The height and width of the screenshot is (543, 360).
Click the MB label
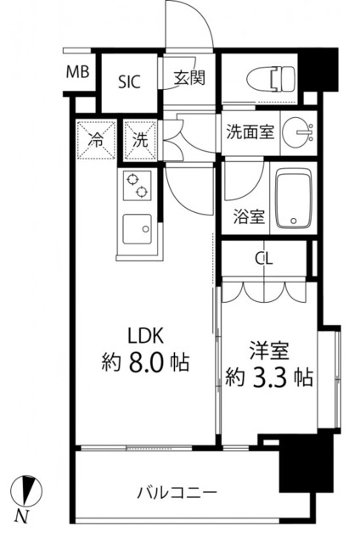[78, 73]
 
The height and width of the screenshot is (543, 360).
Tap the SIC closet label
[129, 81]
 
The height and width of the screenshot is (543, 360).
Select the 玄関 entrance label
[190, 79]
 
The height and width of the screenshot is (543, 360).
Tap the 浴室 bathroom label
[248, 216]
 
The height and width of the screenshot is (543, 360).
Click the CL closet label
[264, 259]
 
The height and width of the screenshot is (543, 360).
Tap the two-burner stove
[137, 186]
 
